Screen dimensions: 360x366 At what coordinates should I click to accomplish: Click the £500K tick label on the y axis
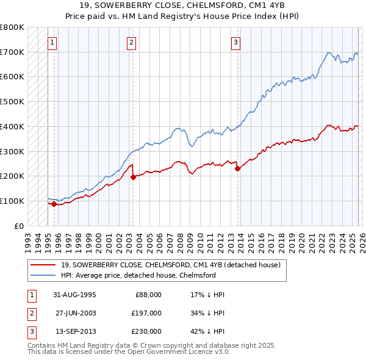pos(12,102)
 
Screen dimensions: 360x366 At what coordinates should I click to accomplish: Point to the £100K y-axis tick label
pos(12,201)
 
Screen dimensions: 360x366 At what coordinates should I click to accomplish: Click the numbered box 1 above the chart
pos(52,43)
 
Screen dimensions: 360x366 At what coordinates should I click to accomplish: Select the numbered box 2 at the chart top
pos(132,43)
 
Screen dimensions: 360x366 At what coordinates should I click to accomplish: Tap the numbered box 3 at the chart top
pos(235,43)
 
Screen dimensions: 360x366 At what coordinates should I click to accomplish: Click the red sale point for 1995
pos(54,204)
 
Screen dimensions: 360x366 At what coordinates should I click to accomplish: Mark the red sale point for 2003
pos(133,177)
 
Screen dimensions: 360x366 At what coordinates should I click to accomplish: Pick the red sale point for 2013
pos(237,169)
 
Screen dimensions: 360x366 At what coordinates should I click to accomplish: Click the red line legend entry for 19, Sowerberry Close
pos(170,265)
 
